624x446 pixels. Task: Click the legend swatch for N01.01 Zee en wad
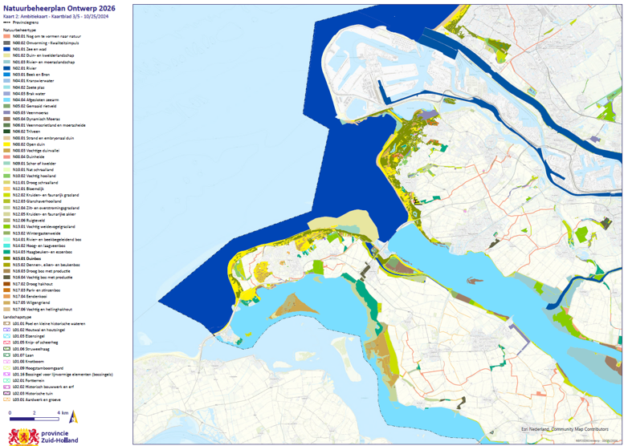pyautogui.click(x=6, y=50)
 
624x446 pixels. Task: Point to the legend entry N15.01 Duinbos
pyautogui.click(x=30, y=258)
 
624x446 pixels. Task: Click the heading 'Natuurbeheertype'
pyautogui.click(x=21, y=30)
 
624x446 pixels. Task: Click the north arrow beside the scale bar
pyautogui.click(x=74, y=416)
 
